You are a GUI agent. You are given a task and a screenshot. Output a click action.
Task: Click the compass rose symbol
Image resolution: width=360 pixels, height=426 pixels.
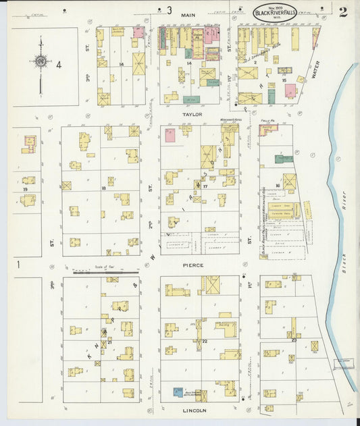tap(41, 62)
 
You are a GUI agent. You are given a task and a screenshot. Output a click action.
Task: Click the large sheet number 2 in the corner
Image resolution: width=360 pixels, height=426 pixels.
tap(343, 11)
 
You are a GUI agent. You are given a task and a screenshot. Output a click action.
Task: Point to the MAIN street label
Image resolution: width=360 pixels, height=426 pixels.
tap(188, 14)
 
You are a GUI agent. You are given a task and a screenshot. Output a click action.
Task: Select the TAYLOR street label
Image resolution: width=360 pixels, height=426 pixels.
tap(192, 115)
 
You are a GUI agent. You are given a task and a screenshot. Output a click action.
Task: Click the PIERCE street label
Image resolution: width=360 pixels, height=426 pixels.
tap(192, 265)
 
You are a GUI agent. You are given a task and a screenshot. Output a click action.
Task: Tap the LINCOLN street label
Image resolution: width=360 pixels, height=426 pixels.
tap(193, 410)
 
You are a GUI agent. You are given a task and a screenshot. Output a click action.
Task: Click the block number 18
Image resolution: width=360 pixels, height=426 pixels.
tap(103, 188)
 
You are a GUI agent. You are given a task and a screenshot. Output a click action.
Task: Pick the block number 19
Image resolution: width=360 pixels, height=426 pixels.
tap(25, 190)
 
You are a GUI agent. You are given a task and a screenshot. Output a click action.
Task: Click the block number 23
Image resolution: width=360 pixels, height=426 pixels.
tap(294, 340)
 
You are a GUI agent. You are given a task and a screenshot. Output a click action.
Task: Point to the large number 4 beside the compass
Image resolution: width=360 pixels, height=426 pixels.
tap(59, 65)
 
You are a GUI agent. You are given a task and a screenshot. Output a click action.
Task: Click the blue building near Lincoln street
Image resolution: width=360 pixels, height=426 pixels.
tap(178, 392)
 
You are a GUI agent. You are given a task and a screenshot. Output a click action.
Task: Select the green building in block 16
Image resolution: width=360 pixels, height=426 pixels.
tap(283, 159)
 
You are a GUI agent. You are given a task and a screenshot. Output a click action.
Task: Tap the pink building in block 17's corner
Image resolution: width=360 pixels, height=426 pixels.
tap(170, 135)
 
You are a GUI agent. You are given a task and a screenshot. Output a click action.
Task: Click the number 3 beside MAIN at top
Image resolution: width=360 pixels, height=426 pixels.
tap(170, 10)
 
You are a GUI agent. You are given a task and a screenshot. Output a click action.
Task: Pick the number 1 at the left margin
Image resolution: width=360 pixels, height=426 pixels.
tap(19, 265)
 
